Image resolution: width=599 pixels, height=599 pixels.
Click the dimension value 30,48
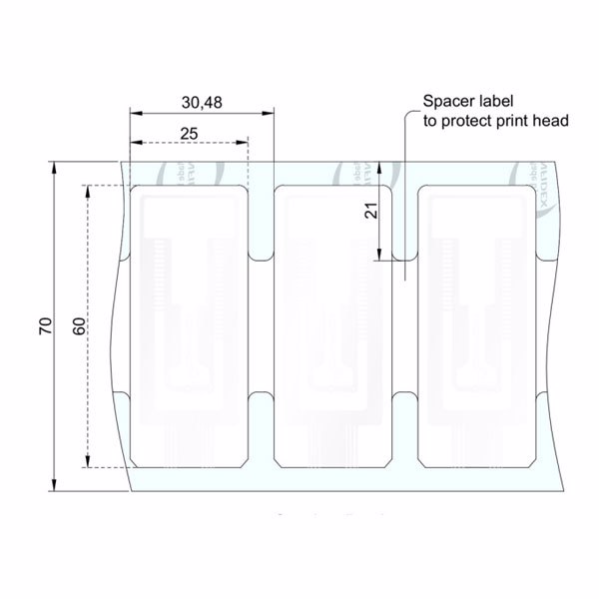click(204, 102)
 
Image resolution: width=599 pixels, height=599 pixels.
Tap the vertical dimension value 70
click(44, 325)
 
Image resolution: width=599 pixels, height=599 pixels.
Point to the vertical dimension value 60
click(78, 325)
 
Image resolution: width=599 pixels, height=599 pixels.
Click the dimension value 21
click(370, 213)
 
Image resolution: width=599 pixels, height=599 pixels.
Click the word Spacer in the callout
click(447, 102)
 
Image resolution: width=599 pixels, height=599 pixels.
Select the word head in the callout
click(550, 122)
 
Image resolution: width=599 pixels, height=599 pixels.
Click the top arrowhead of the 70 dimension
click(56, 166)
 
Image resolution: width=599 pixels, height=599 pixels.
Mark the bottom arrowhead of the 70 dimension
click(56, 486)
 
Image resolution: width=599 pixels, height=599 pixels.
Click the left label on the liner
click(189, 325)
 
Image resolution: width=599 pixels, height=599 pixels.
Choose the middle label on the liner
click(331, 325)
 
